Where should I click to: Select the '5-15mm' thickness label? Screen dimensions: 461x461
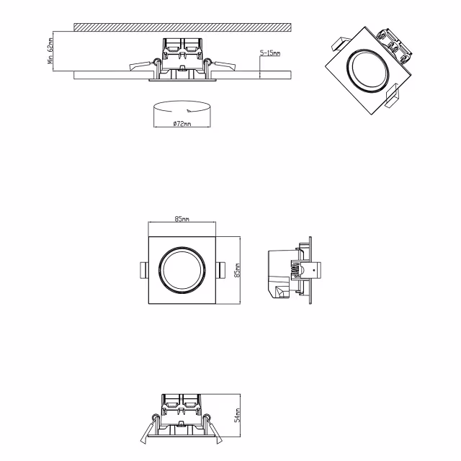click(271, 53)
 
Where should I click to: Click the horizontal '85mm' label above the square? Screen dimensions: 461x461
click(182, 218)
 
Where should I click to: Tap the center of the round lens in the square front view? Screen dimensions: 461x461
click(182, 271)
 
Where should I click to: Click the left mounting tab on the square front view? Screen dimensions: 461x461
click(144, 270)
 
